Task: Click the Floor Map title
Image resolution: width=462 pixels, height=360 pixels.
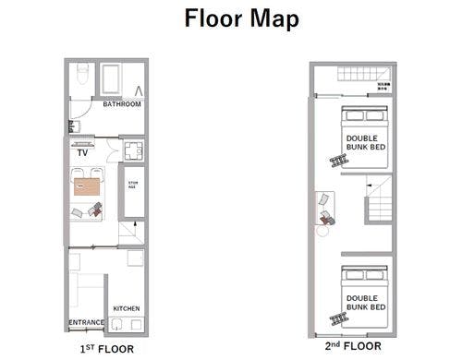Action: point(240,18)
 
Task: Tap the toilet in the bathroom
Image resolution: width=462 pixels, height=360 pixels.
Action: point(82,71)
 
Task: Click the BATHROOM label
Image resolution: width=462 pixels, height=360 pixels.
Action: point(122,104)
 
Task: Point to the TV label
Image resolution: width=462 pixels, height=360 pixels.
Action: point(82,154)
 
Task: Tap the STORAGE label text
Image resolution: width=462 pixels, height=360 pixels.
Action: point(132,185)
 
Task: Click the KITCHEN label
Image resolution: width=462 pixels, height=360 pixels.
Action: point(126,308)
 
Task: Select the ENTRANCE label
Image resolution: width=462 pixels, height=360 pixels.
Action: point(86,323)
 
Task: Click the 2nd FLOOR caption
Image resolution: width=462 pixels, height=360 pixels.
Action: point(351,348)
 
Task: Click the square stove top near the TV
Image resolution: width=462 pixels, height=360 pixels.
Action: point(131,150)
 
